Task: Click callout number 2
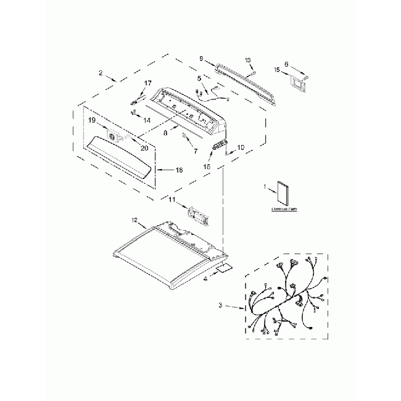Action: pyautogui.click(x=101, y=73)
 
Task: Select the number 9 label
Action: pyautogui.click(x=201, y=58)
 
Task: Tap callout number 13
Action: pyautogui.click(x=248, y=60)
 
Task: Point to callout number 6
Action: pyautogui.click(x=286, y=64)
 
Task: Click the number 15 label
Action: pyautogui.click(x=277, y=70)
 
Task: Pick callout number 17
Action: pyautogui.click(x=147, y=83)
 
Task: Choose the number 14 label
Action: pyautogui.click(x=147, y=120)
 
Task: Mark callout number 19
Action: pyautogui.click(x=91, y=120)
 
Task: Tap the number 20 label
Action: pyautogui.click(x=144, y=148)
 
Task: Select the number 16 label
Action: pyautogui.click(x=207, y=167)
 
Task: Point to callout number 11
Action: pyautogui.click(x=173, y=199)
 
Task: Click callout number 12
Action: pyautogui.click(x=134, y=220)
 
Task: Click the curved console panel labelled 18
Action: pyautogui.click(x=121, y=158)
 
